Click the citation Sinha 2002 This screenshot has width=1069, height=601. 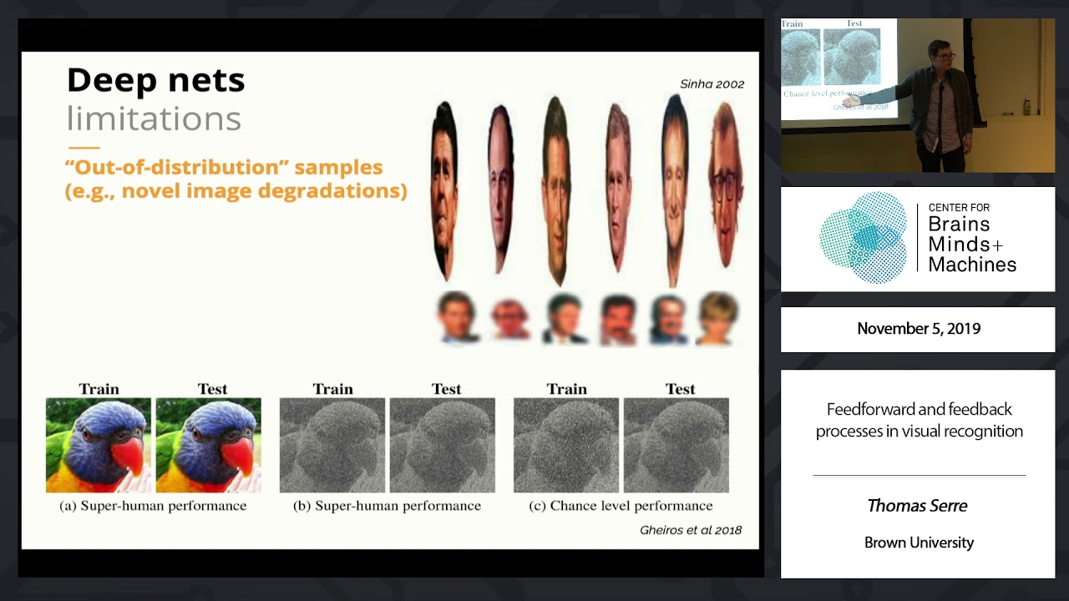pos(712,84)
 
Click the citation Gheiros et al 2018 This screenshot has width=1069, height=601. pos(690,530)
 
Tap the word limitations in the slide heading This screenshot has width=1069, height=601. pos(154,119)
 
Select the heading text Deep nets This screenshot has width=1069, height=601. pos(155,80)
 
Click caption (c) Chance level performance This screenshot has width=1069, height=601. pos(621,506)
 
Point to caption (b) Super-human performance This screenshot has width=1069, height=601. pos(387,506)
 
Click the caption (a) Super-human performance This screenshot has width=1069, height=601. pos(153,506)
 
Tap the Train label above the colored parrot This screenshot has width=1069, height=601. pos(99,389)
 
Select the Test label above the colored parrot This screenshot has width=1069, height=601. pos(212,389)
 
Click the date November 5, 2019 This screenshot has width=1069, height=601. pos(919,329)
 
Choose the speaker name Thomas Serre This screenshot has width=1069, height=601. pos(917,506)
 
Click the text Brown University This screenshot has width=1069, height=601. pos(919,543)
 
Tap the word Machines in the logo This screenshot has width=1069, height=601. pos(972,265)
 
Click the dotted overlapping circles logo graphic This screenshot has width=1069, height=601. pos(863,238)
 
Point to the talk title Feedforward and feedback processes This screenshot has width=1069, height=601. pos(919,420)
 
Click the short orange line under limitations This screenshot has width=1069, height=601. pos(84,148)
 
